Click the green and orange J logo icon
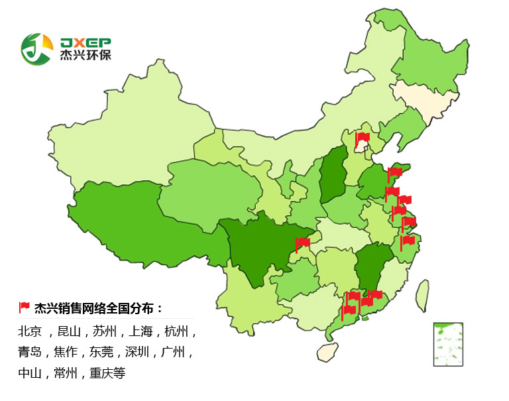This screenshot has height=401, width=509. pyautogui.click(x=36, y=48)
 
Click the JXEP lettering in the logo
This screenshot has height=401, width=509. pyautogui.click(x=85, y=41)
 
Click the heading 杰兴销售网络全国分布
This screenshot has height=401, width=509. pyautogui.click(x=98, y=308)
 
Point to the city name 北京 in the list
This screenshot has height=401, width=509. pyautogui.click(x=30, y=331)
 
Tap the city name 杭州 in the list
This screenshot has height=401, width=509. pyautogui.click(x=176, y=331)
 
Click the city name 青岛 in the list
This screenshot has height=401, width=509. pyautogui.click(x=30, y=352)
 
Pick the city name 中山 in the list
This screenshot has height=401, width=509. pyautogui.click(x=30, y=373)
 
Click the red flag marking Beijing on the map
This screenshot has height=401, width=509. pyautogui.click(x=362, y=139)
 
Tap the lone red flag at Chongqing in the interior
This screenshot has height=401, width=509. pyautogui.click(x=302, y=243)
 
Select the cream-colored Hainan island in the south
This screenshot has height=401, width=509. pyautogui.click(x=327, y=351)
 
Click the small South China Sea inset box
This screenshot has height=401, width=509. pyautogui.click(x=448, y=344)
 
